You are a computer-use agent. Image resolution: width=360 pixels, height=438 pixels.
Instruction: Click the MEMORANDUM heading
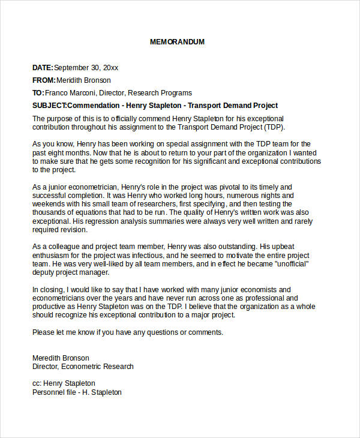[177, 42]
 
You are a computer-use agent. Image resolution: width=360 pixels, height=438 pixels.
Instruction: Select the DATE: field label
[43, 68]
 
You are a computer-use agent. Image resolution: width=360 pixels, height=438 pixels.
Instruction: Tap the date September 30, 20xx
[86, 68]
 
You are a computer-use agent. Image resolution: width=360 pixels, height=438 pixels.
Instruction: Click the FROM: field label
[44, 80]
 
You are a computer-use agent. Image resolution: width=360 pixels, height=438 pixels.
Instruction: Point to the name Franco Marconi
[70, 93]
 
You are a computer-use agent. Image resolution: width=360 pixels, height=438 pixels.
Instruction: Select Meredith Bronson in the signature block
[61, 358]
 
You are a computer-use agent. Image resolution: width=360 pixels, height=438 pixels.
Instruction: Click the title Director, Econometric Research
[83, 367]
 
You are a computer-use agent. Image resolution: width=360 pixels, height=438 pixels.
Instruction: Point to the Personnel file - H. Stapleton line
[77, 392]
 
